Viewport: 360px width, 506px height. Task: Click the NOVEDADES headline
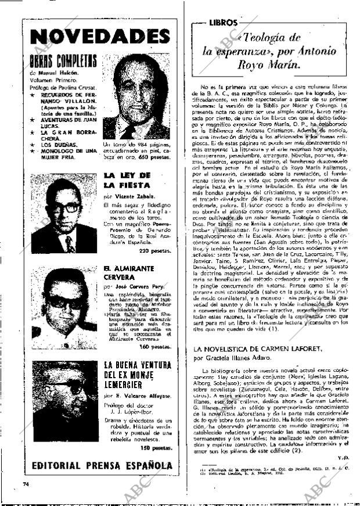click(x=99, y=37)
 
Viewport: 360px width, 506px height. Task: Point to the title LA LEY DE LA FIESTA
click(x=127, y=180)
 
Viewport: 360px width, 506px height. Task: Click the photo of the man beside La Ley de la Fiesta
click(x=64, y=215)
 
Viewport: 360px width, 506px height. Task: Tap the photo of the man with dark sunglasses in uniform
click(x=64, y=308)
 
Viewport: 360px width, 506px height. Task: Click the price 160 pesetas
click(x=156, y=346)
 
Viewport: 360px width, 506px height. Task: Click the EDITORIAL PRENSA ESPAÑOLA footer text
click(x=102, y=465)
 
